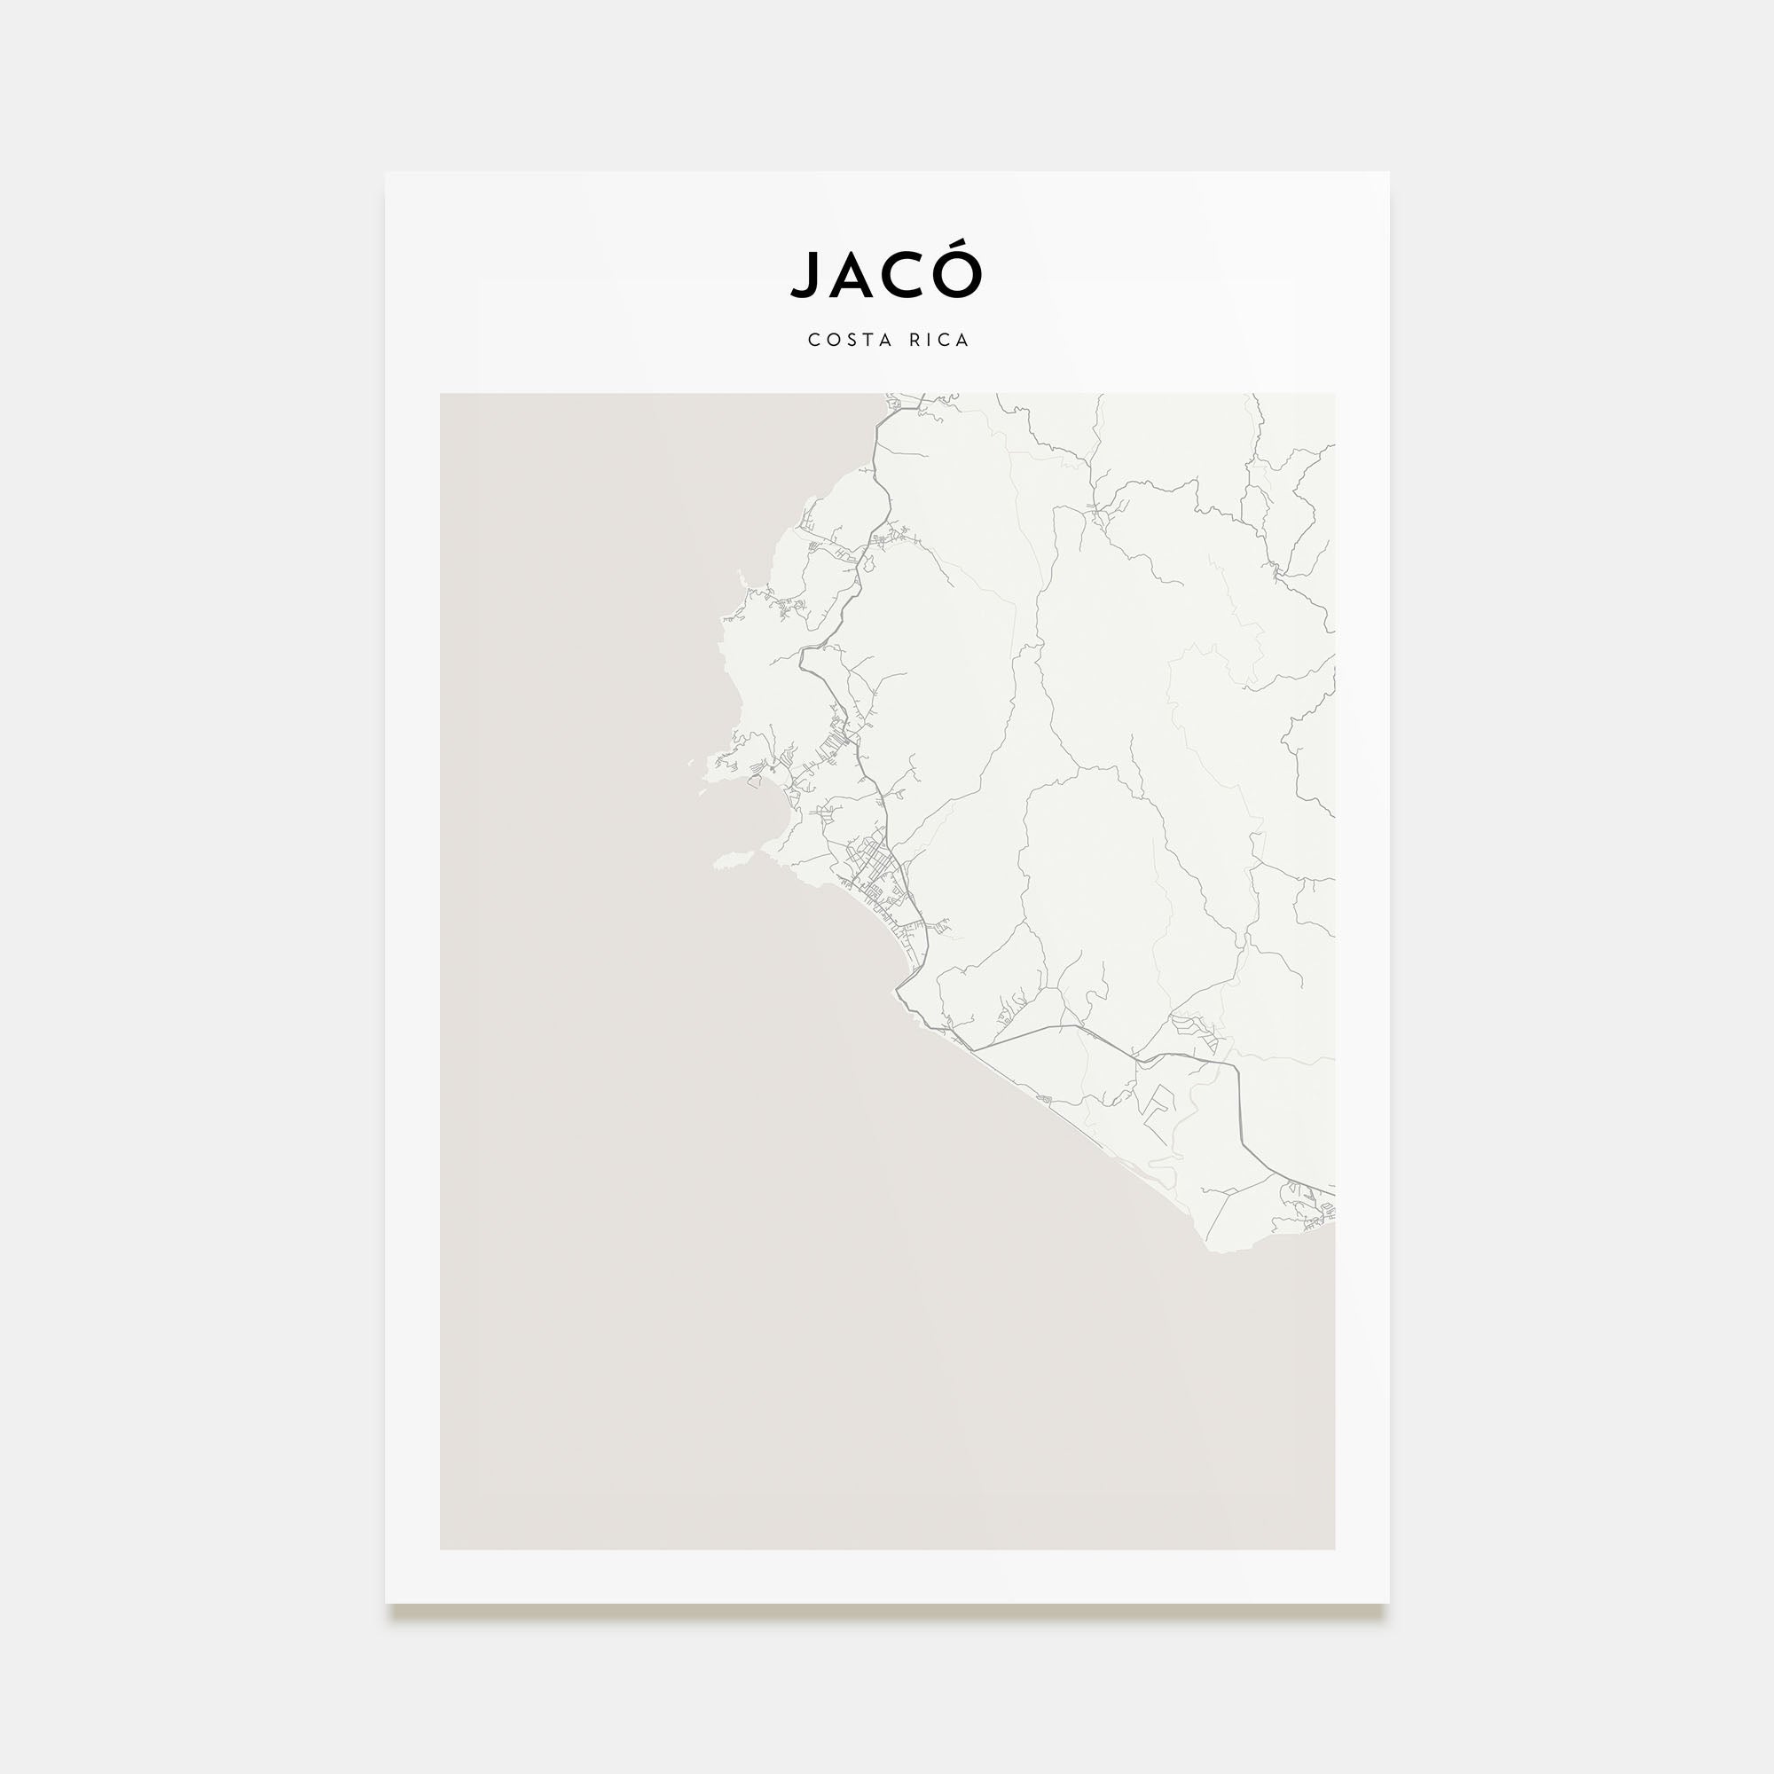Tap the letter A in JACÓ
coord(853,276)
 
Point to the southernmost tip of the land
coord(1226,1250)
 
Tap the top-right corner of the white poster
coord(1388,173)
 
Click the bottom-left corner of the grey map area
coord(441,1549)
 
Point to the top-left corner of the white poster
coord(386,173)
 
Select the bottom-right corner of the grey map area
coord(1334,1549)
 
